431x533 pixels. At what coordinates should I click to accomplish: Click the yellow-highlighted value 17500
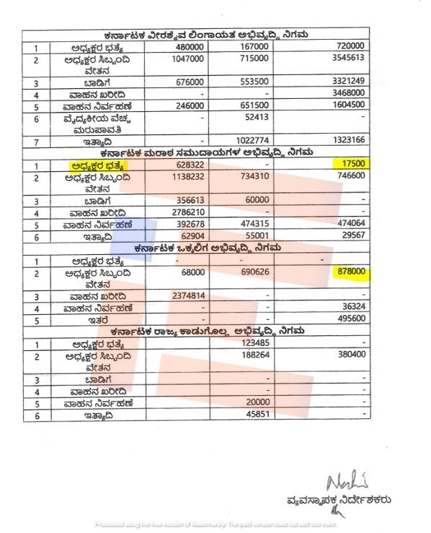click(355, 164)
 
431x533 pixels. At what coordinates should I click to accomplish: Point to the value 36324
click(355, 307)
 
